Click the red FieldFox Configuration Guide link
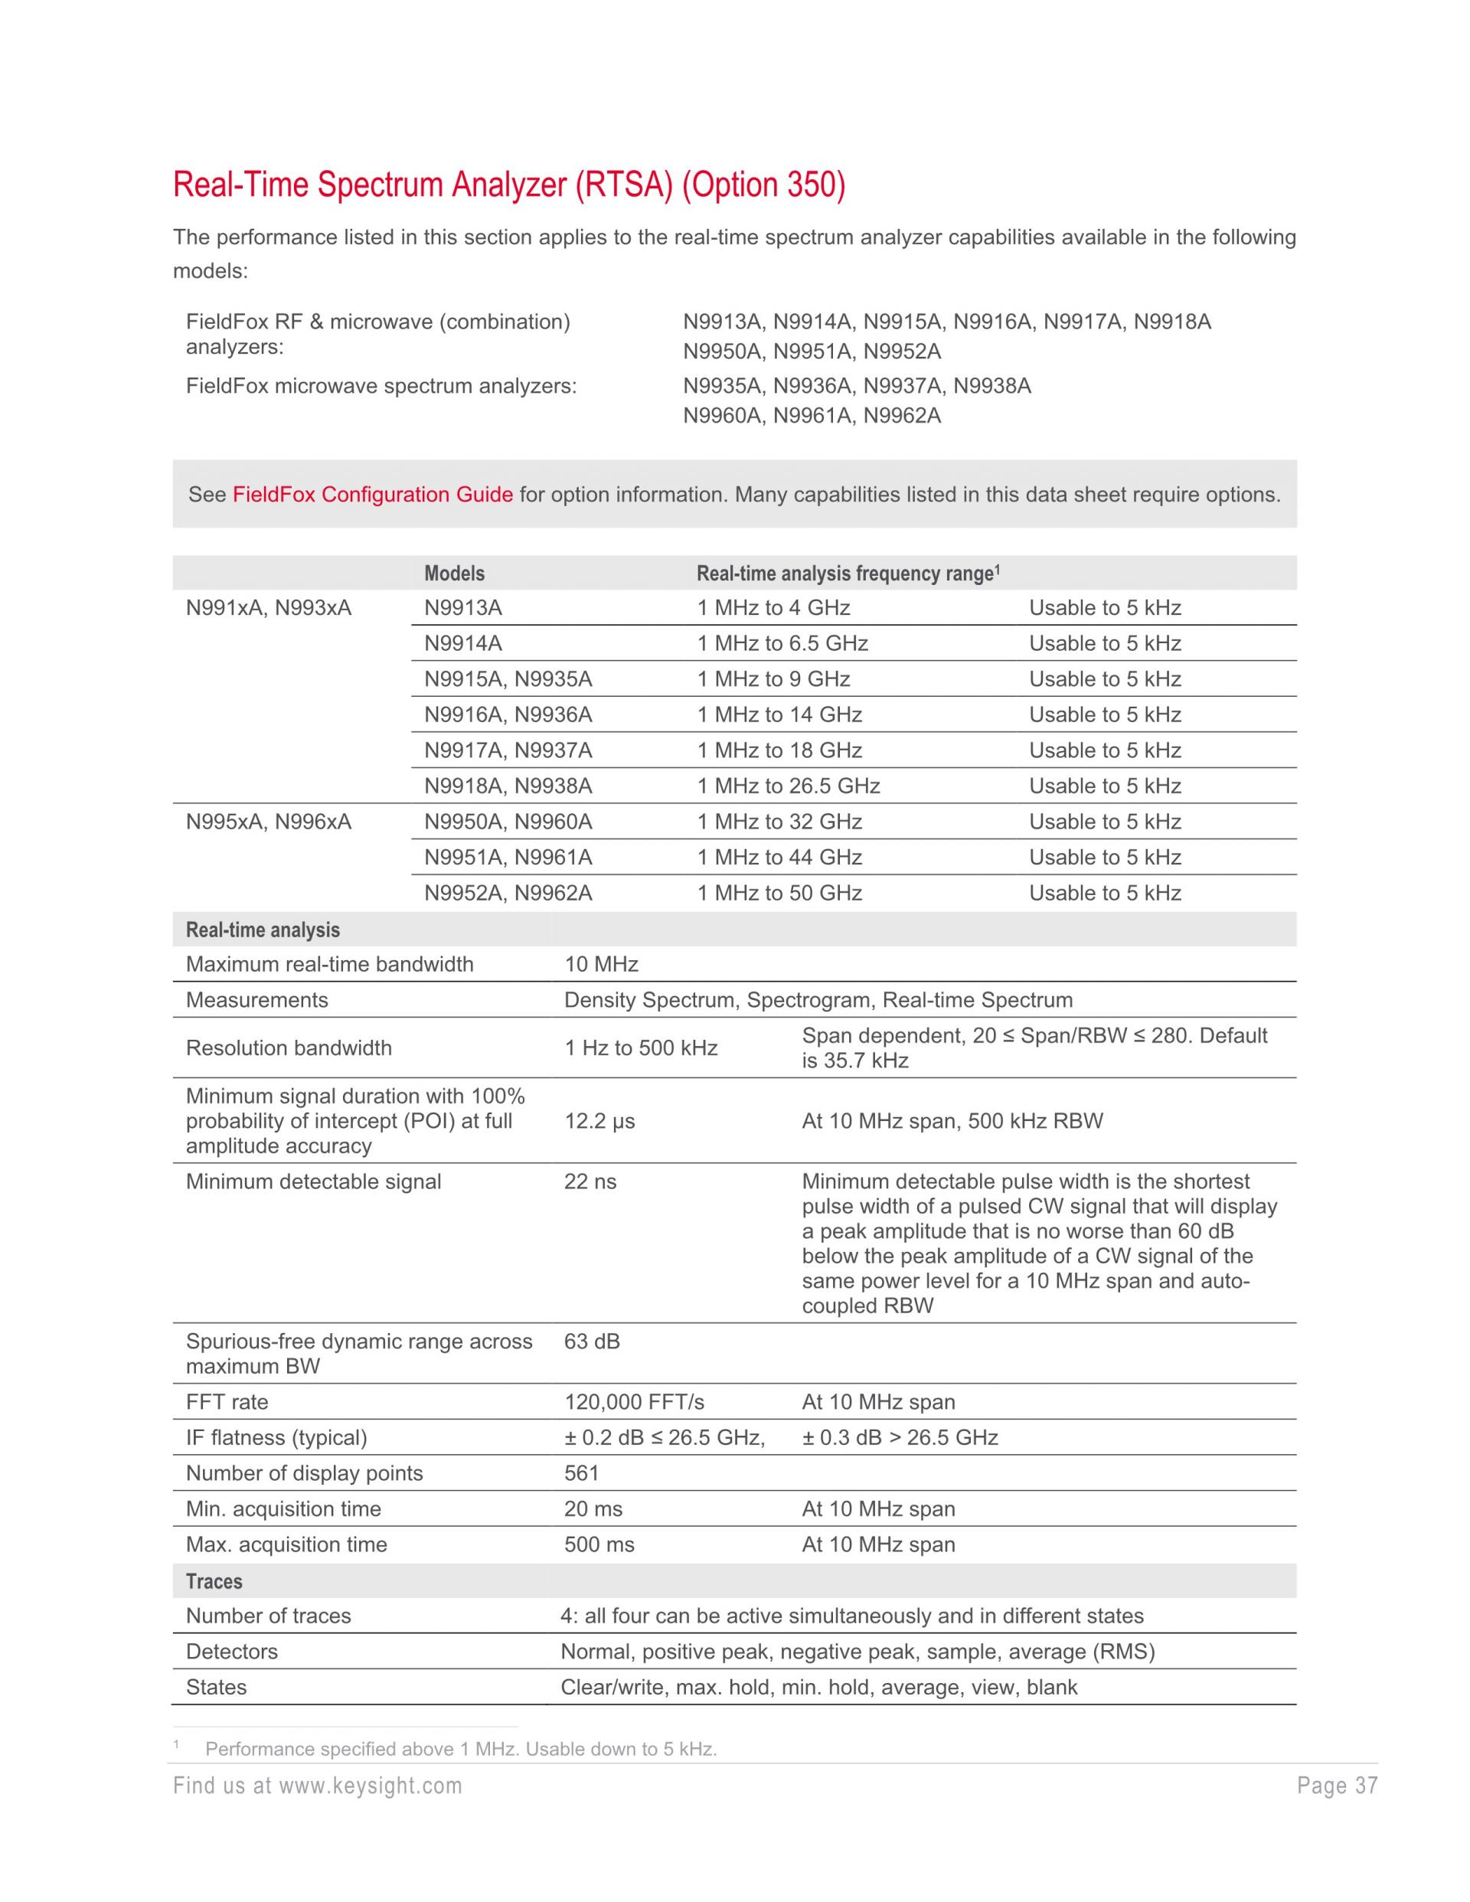(x=373, y=495)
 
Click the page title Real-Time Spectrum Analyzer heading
(x=508, y=185)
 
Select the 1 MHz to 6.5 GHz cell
(x=782, y=644)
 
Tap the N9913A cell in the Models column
(x=463, y=608)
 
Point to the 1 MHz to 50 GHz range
(x=779, y=893)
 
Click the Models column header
(x=455, y=573)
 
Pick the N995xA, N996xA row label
(x=268, y=822)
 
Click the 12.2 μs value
(x=599, y=1121)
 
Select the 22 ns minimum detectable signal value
(x=590, y=1181)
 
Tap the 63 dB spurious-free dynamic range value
(x=591, y=1342)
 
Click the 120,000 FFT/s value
(x=634, y=1402)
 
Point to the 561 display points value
(x=581, y=1473)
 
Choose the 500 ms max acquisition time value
(x=599, y=1544)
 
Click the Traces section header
(x=214, y=1581)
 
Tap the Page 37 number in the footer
(x=1337, y=1786)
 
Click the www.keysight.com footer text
(x=370, y=1786)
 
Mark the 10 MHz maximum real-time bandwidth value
(x=601, y=964)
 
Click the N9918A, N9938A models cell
(x=508, y=786)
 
